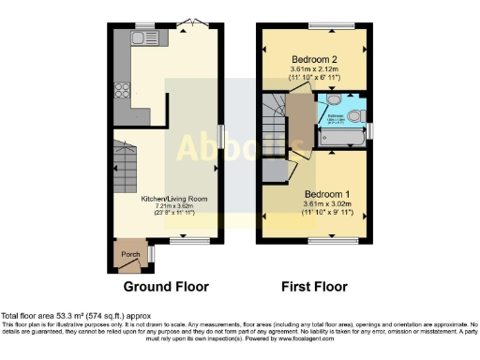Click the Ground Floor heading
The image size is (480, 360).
point(166,286)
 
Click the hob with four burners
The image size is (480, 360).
point(121,91)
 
